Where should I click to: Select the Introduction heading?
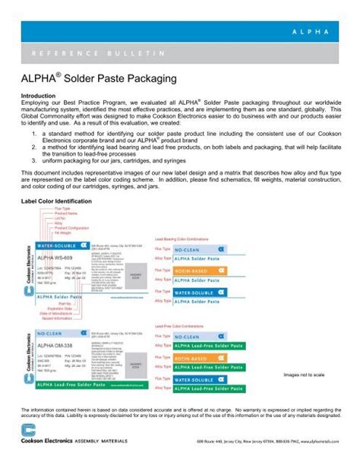coord(38,96)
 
